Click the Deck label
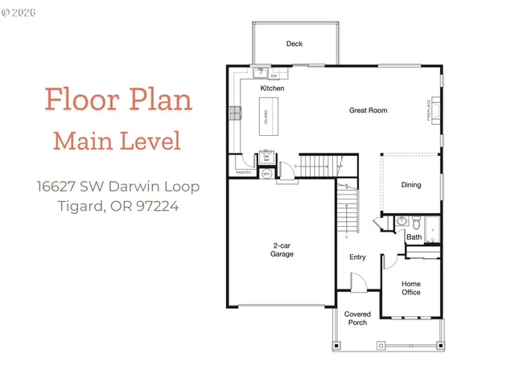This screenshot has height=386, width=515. (x=295, y=44)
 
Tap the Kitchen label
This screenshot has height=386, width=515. (x=271, y=88)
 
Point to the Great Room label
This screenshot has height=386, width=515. (x=369, y=109)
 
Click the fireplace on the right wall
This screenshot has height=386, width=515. (x=435, y=110)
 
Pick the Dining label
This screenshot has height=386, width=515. (x=411, y=185)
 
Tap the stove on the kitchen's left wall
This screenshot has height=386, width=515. (x=237, y=113)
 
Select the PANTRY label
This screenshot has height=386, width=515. (x=244, y=172)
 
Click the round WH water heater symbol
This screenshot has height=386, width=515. (x=267, y=172)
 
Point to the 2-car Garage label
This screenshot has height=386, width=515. (x=282, y=249)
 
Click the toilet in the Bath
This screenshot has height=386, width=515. (x=402, y=223)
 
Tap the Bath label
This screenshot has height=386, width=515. (x=414, y=237)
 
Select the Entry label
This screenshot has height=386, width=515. (x=357, y=257)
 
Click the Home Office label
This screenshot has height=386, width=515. (x=411, y=288)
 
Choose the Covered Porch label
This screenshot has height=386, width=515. (x=357, y=318)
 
